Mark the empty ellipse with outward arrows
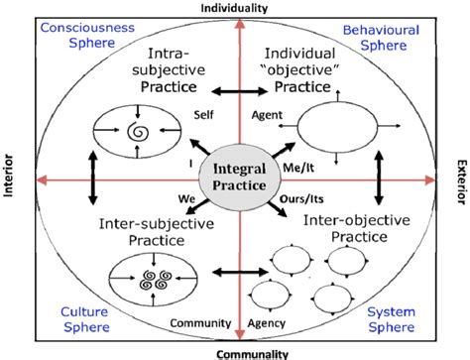pyautogui.click(x=336, y=131)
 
